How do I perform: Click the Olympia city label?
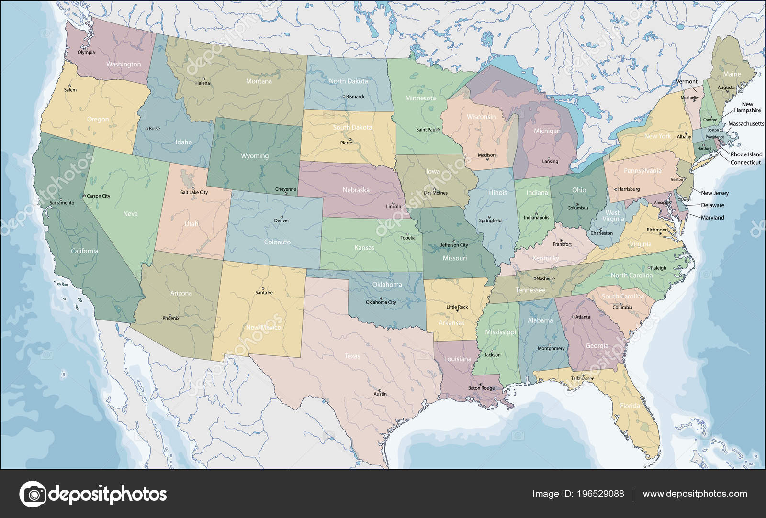[86, 52]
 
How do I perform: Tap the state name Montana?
[259, 81]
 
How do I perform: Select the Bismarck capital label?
[355, 97]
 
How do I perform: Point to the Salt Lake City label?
[194, 192]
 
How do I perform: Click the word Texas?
[352, 356]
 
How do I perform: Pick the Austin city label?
[380, 394]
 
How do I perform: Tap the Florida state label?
[630, 406]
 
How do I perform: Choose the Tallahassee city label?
[582, 378]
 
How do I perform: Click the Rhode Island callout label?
[746, 154]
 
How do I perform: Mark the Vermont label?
[686, 82]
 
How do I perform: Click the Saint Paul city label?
[426, 130]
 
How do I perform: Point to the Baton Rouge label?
[481, 388]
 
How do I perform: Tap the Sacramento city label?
[62, 203]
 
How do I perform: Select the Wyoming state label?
[254, 156]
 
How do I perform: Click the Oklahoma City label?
[381, 302]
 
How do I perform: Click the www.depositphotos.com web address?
[694, 494]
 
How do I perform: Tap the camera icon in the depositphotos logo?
[32, 494]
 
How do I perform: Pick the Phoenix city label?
[170, 318]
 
